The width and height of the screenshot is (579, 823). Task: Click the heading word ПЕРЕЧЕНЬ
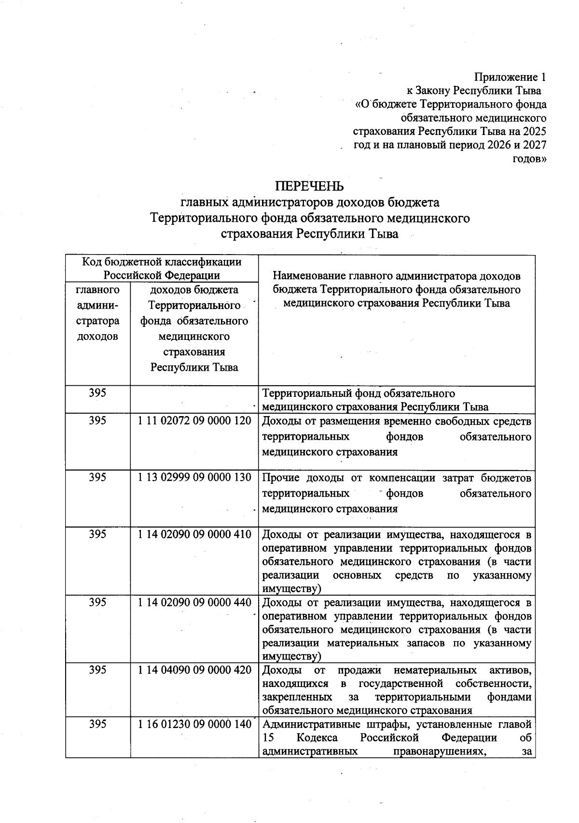309,186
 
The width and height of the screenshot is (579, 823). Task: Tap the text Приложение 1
510,77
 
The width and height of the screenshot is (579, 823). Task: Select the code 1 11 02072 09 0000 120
194,421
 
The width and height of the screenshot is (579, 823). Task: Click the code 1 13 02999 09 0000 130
194,477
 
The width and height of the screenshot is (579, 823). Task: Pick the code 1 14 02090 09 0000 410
194,534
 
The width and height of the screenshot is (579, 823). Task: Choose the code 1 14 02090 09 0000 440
194,602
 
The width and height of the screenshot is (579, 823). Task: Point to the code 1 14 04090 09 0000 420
194,670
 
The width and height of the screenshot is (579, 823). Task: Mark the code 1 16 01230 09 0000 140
194,724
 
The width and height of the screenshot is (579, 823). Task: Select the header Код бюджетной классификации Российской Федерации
162,269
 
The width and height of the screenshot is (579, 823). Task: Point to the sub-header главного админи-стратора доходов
98,313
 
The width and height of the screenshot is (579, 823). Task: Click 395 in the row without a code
97,393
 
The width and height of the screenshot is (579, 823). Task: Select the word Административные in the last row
309,724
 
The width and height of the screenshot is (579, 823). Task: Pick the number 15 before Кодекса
268,738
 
